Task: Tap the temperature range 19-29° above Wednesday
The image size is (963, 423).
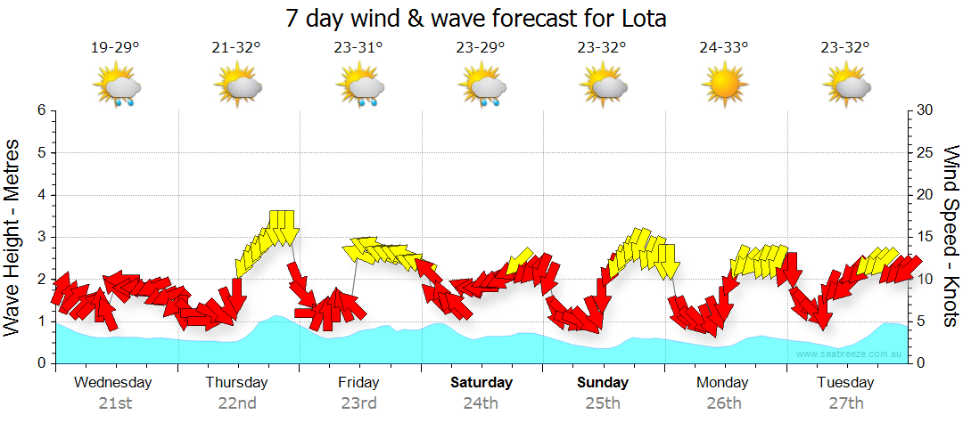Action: [x=115, y=48]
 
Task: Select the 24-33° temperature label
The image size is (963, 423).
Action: [x=723, y=48]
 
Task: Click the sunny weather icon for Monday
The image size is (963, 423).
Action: [x=723, y=86]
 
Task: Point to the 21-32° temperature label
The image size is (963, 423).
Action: [x=236, y=48]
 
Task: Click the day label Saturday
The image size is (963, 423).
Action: [x=481, y=383]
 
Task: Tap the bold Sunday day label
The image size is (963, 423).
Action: [x=603, y=383]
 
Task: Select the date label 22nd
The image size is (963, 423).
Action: [x=237, y=403]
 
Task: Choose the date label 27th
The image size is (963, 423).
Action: [x=845, y=403]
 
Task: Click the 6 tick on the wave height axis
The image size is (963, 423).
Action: [x=41, y=110]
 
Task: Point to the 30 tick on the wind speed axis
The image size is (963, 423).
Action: [x=925, y=110]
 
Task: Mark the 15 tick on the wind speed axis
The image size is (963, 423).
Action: [x=925, y=237]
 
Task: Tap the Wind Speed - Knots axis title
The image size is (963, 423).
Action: [x=951, y=237]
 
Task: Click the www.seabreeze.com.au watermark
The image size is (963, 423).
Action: [x=851, y=354]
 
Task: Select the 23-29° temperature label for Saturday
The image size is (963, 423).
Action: [x=481, y=48]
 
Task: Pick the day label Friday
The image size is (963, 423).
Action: [x=358, y=383]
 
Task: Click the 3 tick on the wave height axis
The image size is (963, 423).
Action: [x=41, y=237]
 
